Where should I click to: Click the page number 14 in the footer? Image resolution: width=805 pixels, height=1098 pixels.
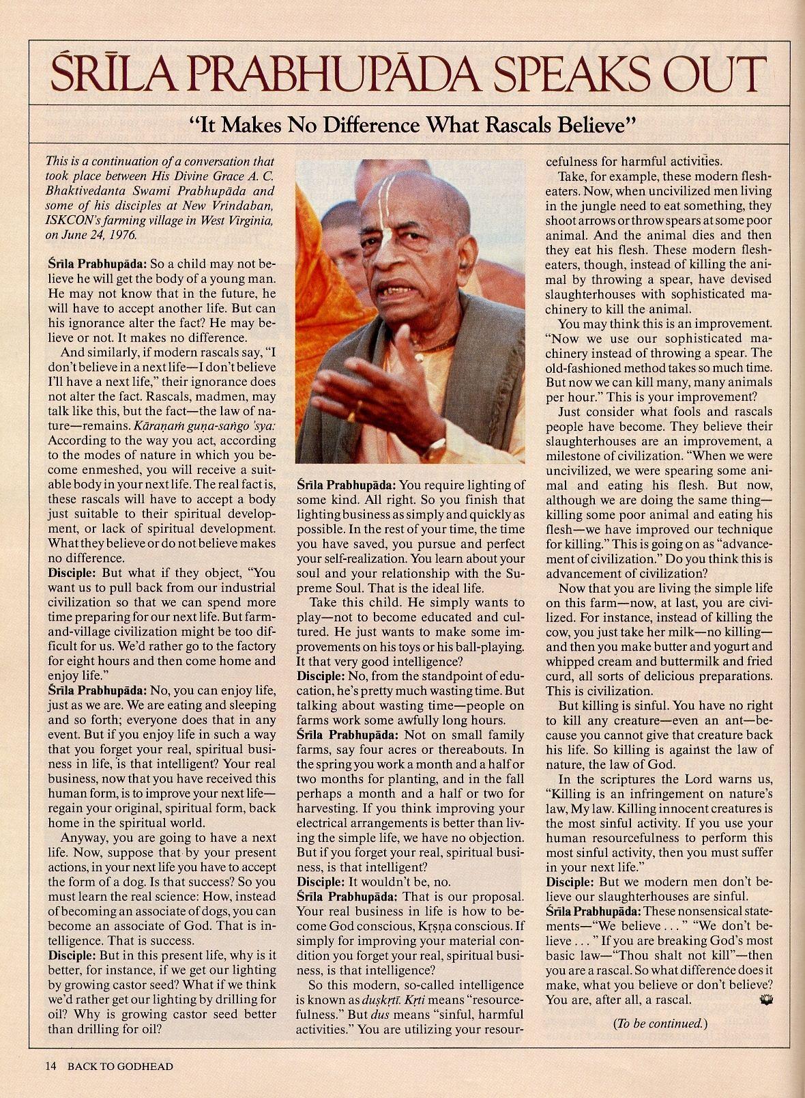[50, 1066]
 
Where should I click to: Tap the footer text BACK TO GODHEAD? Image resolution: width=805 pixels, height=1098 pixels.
[120, 1066]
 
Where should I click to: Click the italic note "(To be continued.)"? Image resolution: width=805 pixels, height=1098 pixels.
[660, 1023]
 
